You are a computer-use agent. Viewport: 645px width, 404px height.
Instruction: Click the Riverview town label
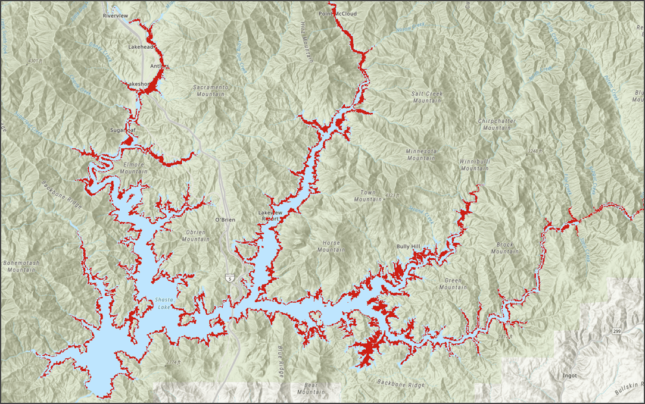click(x=116, y=15)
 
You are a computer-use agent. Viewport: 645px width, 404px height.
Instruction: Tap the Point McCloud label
click(x=337, y=13)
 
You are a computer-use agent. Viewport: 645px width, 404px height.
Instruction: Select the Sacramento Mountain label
click(x=210, y=90)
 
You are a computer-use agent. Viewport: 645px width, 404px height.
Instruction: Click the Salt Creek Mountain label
click(x=426, y=97)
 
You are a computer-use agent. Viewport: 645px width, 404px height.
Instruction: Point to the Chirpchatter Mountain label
click(x=497, y=124)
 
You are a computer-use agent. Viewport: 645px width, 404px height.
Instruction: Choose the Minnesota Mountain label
click(x=421, y=155)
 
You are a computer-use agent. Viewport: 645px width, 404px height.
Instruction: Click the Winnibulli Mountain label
click(x=474, y=165)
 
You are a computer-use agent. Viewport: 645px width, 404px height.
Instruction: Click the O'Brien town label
click(x=225, y=220)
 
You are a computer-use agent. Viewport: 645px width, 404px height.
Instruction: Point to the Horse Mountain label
click(x=331, y=246)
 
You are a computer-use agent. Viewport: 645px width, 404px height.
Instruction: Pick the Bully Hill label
click(x=409, y=246)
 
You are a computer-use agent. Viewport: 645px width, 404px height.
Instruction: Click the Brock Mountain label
click(x=505, y=248)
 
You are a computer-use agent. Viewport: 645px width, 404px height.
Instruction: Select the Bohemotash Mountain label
click(x=23, y=266)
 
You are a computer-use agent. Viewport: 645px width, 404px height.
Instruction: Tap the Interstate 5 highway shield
click(x=229, y=278)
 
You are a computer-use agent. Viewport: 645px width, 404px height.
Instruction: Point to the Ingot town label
click(x=569, y=375)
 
